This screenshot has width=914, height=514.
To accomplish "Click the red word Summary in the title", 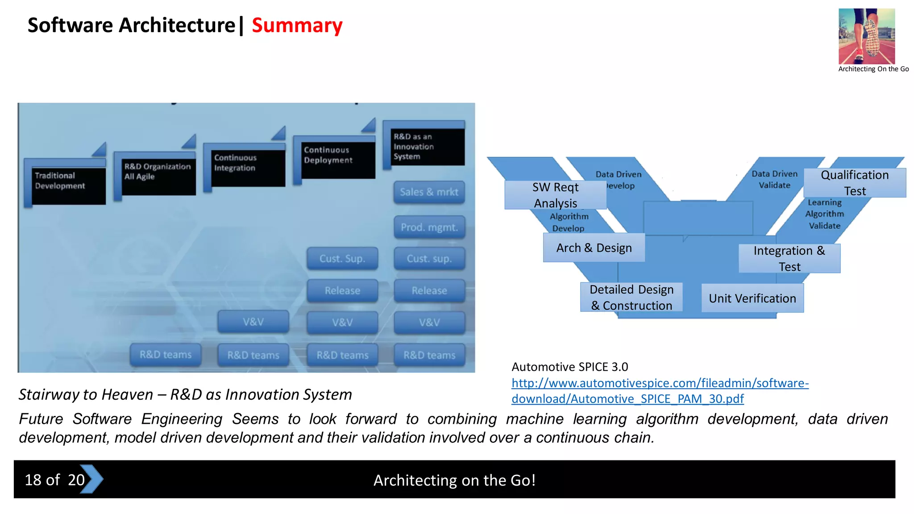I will (x=297, y=25).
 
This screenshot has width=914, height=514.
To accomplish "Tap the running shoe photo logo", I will (x=866, y=36).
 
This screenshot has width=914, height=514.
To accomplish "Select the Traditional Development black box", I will (x=68, y=186).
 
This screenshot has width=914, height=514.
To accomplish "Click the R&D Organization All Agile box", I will (x=158, y=177).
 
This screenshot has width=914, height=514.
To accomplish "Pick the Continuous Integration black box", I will (x=248, y=168).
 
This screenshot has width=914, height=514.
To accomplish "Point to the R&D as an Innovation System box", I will (x=427, y=147).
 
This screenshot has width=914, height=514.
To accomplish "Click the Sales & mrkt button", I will (x=429, y=192).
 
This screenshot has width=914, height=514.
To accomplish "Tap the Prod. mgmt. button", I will (x=429, y=228).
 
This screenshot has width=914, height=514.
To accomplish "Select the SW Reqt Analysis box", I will (x=555, y=195).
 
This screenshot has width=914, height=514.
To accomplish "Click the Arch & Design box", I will (x=594, y=248).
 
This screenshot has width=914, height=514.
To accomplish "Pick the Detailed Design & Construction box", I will (x=631, y=297).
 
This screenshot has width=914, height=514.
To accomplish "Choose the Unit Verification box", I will (x=752, y=298).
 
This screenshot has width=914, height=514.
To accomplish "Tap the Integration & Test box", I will (x=789, y=258).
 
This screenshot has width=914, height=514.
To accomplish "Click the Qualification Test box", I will (x=854, y=183).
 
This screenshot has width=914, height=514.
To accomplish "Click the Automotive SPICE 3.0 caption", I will (x=569, y=367).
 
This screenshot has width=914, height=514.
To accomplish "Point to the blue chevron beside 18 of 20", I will (x=92, y=479).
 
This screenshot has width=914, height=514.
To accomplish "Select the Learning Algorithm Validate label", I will (x=824, y=214).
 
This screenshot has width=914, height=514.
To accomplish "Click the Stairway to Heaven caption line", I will (x=185, y=394).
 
